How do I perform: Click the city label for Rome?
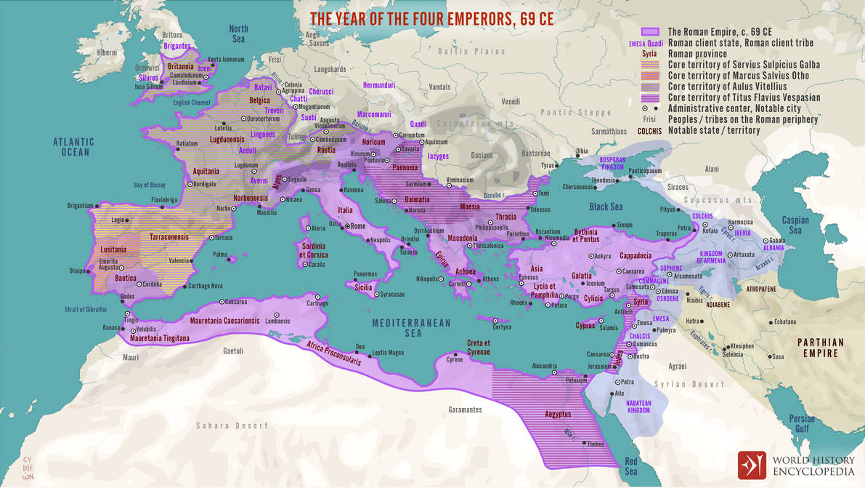tap(358, 226)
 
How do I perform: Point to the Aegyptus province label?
tap(554, 414)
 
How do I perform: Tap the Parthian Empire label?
tap(820, 348)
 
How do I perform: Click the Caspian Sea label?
tap(795, 225)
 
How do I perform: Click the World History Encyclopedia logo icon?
tap(752, 465)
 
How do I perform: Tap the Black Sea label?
tap(606, 207)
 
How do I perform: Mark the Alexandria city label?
tap(544, 366)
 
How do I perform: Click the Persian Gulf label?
tap(802, 423)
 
